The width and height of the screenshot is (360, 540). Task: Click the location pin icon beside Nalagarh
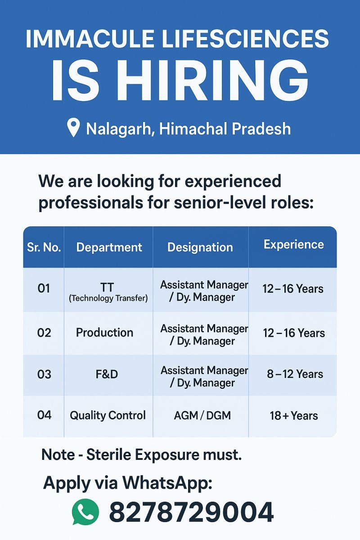73,128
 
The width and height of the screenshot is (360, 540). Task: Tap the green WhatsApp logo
85,512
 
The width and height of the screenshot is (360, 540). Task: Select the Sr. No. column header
44,247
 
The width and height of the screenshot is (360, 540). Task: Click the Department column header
109,247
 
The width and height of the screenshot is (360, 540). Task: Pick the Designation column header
200,247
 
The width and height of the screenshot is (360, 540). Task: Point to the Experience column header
294,244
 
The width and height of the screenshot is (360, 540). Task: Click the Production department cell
104,333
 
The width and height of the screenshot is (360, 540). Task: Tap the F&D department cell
107,374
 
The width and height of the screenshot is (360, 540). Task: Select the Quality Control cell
108,415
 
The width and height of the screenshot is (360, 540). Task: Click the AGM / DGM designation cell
202,416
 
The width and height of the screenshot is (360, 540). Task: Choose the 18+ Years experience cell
294,416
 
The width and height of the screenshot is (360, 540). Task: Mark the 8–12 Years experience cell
295,374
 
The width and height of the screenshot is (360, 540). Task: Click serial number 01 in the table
44,288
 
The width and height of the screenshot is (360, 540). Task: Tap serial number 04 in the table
44,415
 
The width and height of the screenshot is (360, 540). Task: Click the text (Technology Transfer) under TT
108,298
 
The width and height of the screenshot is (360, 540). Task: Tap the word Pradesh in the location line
261,129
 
